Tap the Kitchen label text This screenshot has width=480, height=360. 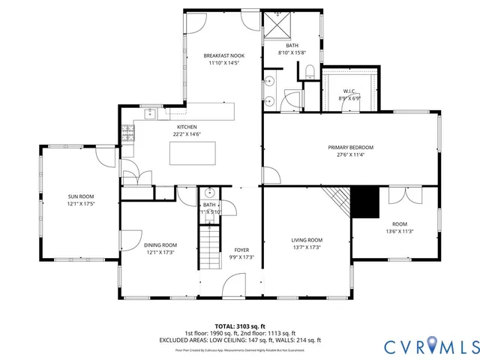tap(187, 127)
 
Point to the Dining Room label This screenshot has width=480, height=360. tap(160, 244)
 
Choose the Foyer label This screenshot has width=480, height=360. tap(241, 250)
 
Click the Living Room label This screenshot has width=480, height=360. tap(307, 240)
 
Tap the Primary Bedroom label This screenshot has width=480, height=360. tap(350, 148)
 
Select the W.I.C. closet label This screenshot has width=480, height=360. tap(350, 91)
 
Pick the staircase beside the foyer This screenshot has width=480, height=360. tap(208, 247)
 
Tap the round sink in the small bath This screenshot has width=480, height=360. tap(209, 192)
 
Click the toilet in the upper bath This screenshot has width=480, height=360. tap(308, 72)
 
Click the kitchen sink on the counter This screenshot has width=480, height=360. tap(150, 114)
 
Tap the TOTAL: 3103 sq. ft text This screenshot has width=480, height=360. tap(240, 326)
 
